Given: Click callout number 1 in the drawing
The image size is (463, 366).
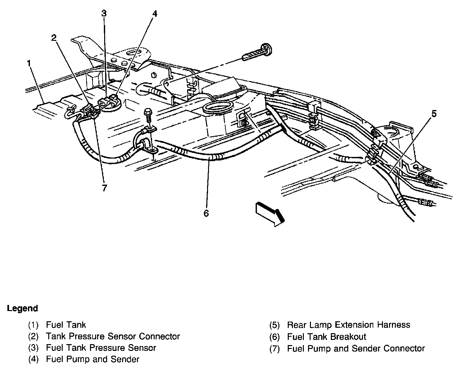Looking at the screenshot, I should pyautogui.click(x=30, y=63).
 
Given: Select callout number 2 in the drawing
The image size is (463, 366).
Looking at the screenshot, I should pyautogui.click(x=54, y=38).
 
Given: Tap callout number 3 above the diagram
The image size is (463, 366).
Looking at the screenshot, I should pyautogui.click(x=104, y=14).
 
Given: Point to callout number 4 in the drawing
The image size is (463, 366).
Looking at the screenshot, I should pyautogui.click(x=155, y=14).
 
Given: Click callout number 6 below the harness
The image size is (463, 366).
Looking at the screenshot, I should pyautogui.click(x=206, y=213).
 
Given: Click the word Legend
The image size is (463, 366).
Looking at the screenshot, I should pyautogui.click(x=23, y=308).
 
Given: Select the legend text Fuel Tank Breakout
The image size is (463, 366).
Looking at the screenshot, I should pyautogui.click(x=327, y=337).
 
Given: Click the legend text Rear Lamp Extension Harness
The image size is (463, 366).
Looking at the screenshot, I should pyautogui.click(x=349, y=325).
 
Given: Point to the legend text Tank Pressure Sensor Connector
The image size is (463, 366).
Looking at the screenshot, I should pyautogui.click(x=113, y=336).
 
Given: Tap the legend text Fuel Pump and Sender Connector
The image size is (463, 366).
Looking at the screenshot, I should pyautogui.click(x=356, y=348).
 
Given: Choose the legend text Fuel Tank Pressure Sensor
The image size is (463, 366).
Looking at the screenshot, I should pyautogui.click(x=101, y=348).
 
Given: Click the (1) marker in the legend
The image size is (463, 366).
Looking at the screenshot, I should pyautogui.click(x=33, y=325).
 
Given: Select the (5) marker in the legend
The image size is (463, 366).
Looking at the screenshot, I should pyautogui.click(x=275, y=325).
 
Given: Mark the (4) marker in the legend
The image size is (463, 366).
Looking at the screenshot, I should pyautogui.click(x=33, y=359).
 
